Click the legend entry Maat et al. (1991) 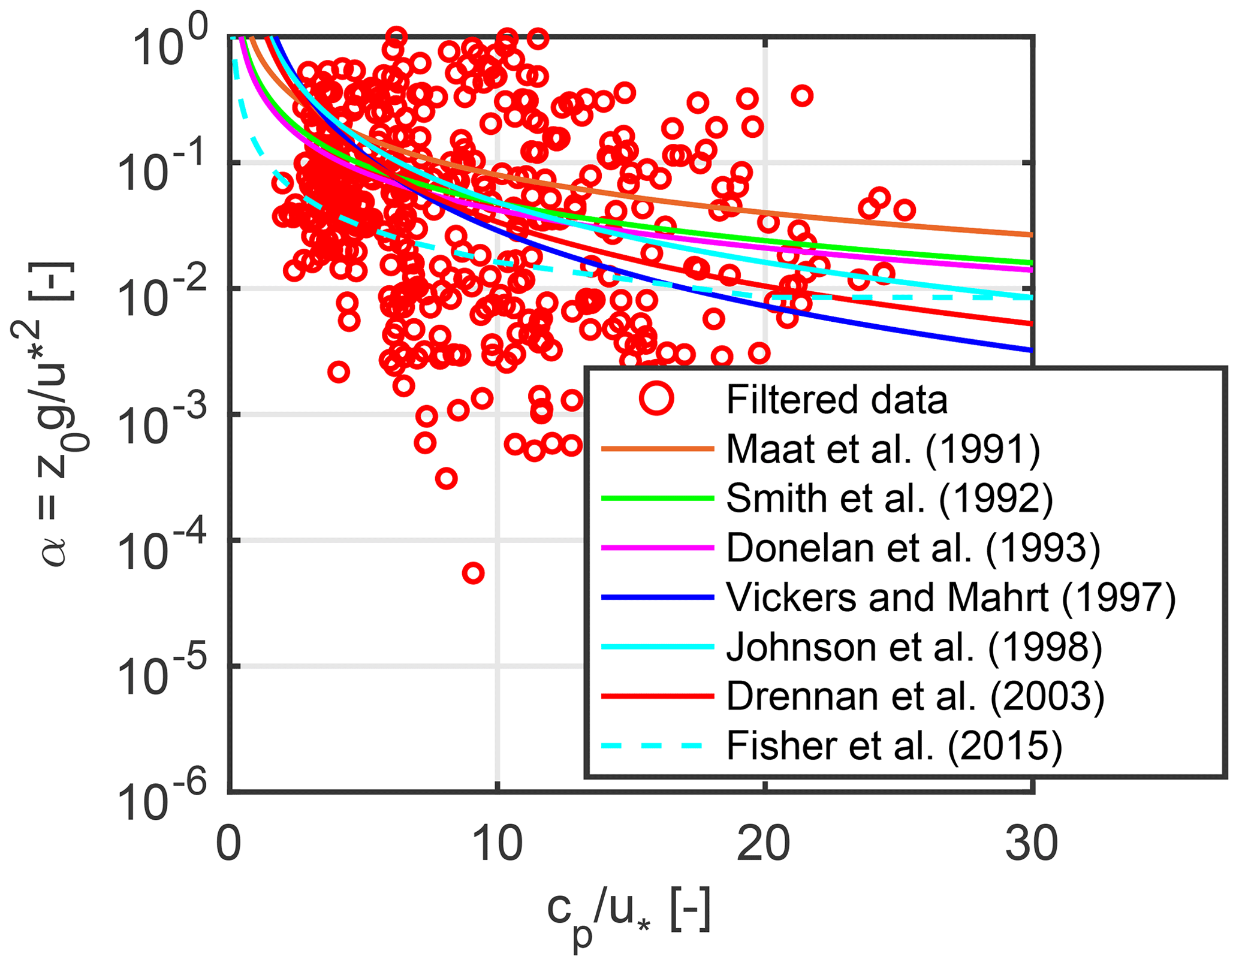883,449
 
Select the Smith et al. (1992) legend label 890,499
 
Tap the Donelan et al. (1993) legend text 914,548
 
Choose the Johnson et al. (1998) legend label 914,648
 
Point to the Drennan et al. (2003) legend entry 915,697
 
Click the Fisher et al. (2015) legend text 894,747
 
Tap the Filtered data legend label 837,400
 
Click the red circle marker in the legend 657,399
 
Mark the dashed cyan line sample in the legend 657,746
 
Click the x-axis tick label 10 498,844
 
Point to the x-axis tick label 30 1031,844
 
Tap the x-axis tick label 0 229,844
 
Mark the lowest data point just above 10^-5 474,573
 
